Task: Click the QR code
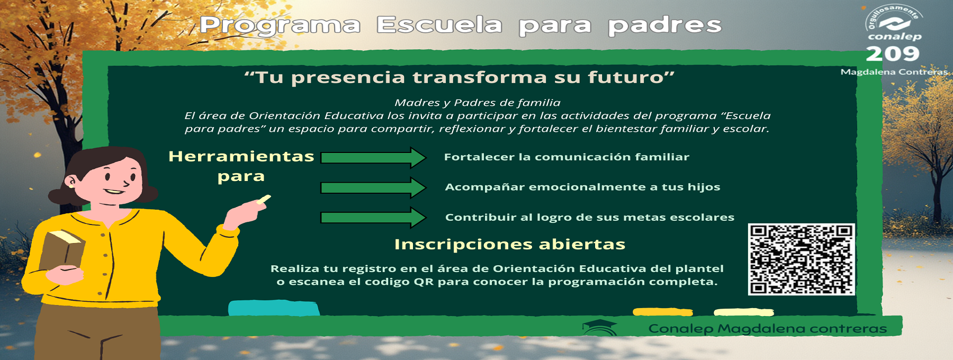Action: click(801, 259)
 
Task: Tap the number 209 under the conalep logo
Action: click(893, 53)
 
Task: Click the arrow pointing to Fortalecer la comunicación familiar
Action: click(373, 157)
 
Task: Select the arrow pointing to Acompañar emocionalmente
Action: click(373, 187)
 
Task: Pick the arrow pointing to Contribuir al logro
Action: click(373, 218)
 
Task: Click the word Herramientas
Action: click(241, 156)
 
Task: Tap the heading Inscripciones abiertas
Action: click(510, 244)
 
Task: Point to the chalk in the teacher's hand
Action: click(264, 200)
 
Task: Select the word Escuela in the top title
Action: click(439, 25)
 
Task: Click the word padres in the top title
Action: click(664, 26)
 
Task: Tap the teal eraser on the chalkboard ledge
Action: click(274, 308)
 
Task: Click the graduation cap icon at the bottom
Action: click(600, 327)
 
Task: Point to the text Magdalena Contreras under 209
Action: click(894, 71)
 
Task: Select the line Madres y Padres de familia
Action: click(478, 103)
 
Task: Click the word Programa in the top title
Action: click(280, 26)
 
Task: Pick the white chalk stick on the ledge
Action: click(744, 312)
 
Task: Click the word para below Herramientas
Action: click(241, 177)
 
